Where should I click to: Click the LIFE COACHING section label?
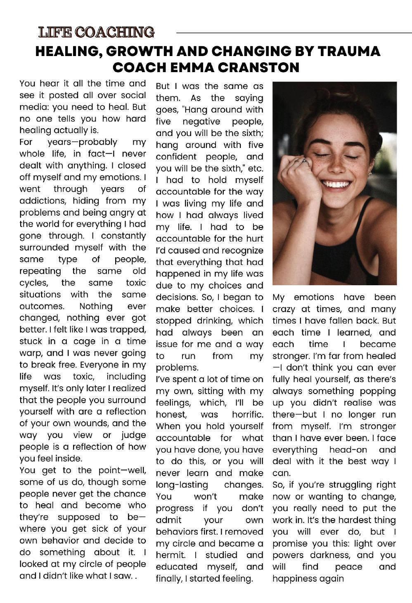(x=96, y=32)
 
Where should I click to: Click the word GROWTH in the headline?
(x=139, y=51)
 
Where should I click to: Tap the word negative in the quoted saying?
(x=201, y=122)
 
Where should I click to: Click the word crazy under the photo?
(x=286, y=309)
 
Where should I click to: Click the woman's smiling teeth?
(x=336, y=183)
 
